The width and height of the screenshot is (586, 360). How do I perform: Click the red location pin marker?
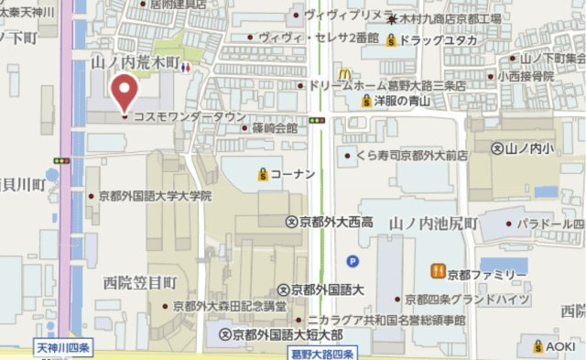coord(124,93)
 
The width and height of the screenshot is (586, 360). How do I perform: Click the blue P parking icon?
coord(353,260)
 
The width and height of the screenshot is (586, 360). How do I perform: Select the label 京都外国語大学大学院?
coord(156,195)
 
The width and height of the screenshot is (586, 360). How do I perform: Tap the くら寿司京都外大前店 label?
coord(412,156)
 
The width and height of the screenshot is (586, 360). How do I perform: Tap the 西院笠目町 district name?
coord(139,282)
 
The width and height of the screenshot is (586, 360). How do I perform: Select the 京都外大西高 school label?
coord(330,222)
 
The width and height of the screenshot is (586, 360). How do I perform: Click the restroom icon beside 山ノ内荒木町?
coord(187,67)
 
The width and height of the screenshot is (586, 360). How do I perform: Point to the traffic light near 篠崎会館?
coord(317,119)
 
